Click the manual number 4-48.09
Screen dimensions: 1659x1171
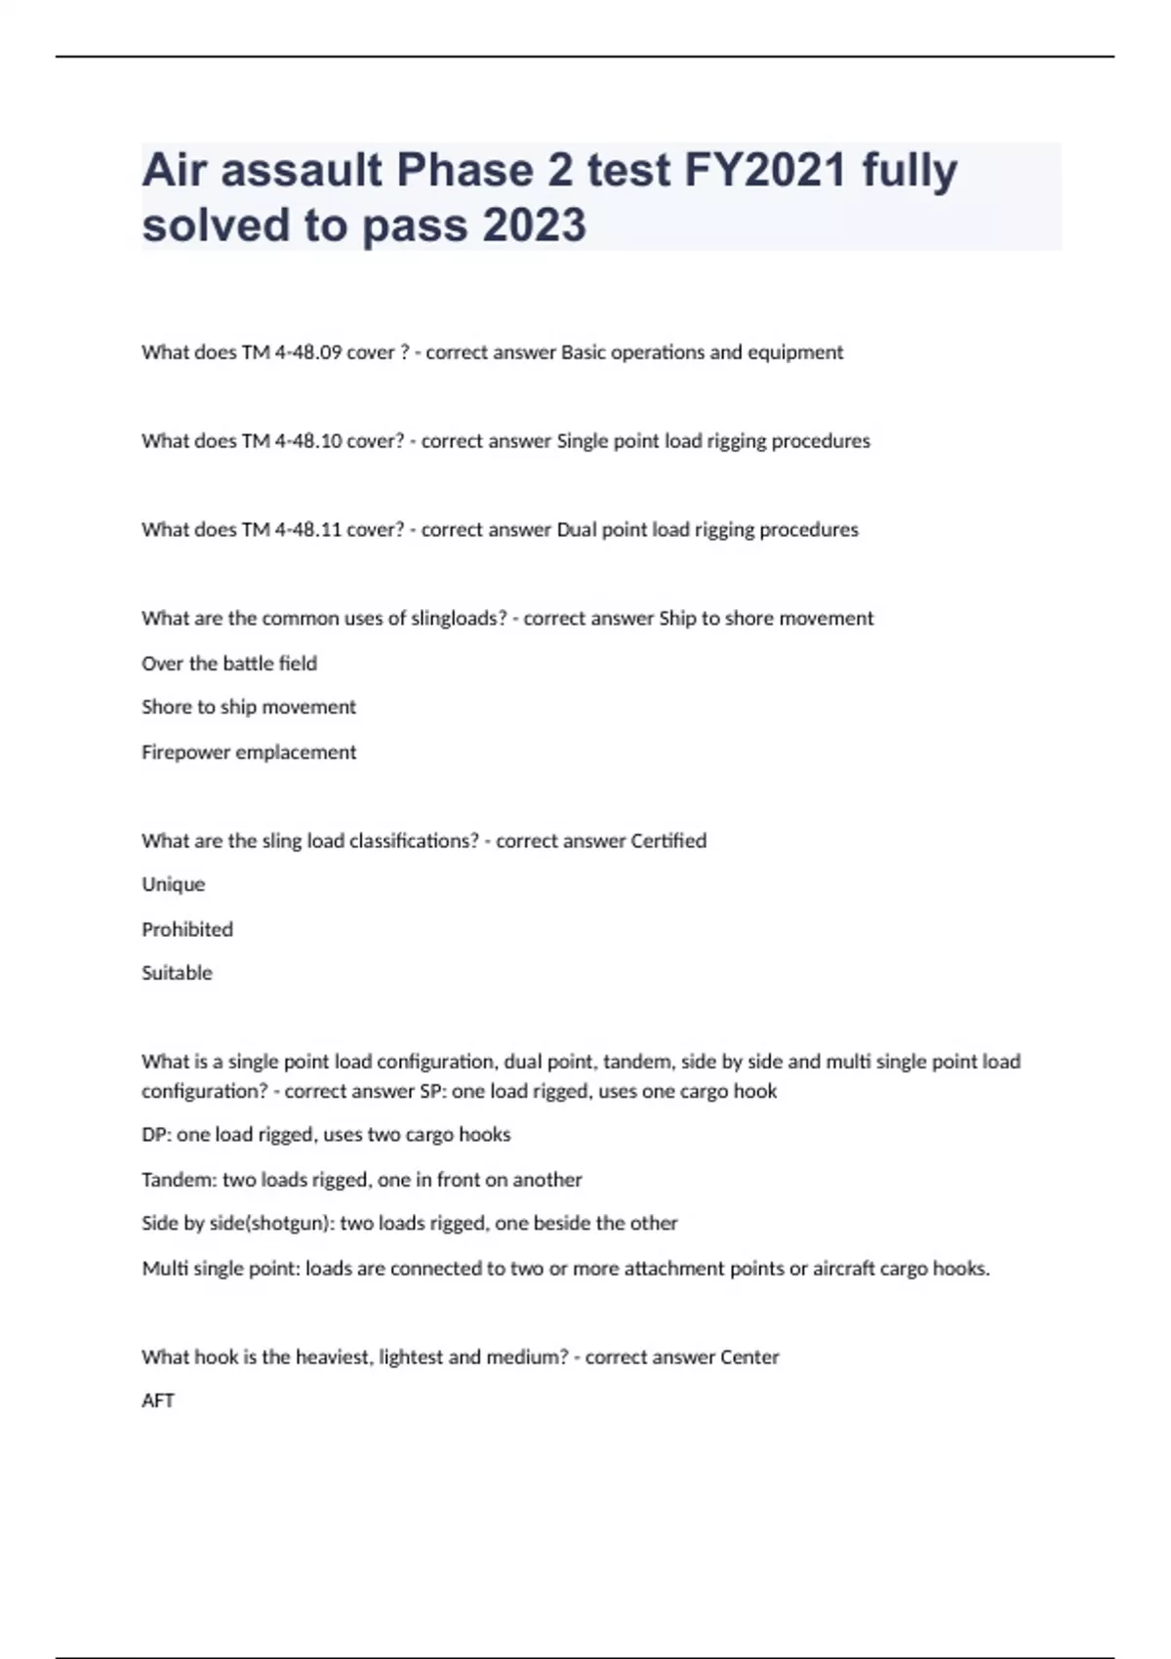(x=306, y=352)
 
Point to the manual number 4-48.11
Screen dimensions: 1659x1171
(x=306, y=530)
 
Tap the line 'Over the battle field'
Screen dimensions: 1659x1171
(x=229, y=664)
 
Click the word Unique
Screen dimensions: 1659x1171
(x=174, y=884)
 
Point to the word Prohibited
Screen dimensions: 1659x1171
(x=187, y=929)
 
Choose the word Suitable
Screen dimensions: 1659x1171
(x=177, y=973)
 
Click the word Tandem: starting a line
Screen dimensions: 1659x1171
(x=179, y=1180)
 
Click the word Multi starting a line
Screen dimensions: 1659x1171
(x=165, y=1269)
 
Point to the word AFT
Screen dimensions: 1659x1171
(x=158, y=1400)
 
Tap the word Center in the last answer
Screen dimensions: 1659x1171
(x=749, y=1356)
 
